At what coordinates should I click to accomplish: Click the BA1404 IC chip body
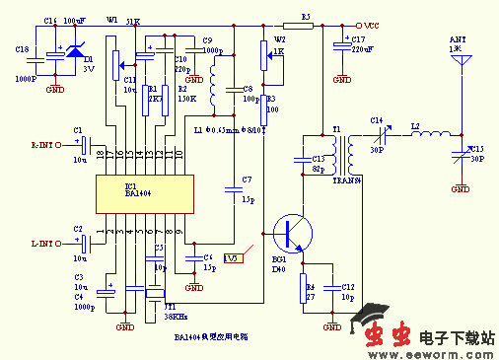138,194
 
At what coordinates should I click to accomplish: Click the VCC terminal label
368,27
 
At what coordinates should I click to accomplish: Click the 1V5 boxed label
232,258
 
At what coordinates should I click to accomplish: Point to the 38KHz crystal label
177,316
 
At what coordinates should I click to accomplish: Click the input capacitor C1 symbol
84,144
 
